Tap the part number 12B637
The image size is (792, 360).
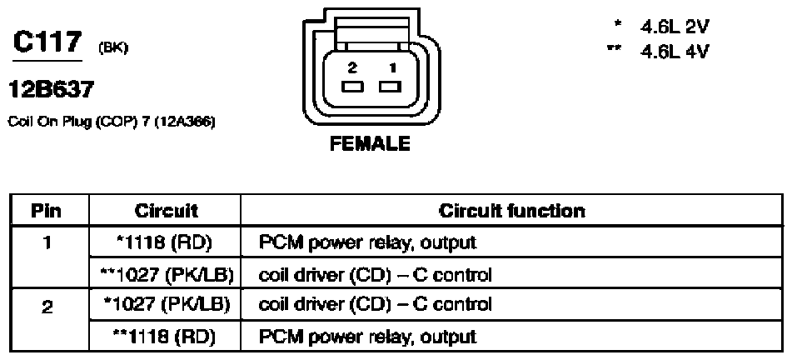tap(47, 87)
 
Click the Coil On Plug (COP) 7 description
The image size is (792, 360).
tap(111, 122)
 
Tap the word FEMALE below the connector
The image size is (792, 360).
tap(371, 143)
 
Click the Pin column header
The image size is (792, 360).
tap(47, 210)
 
